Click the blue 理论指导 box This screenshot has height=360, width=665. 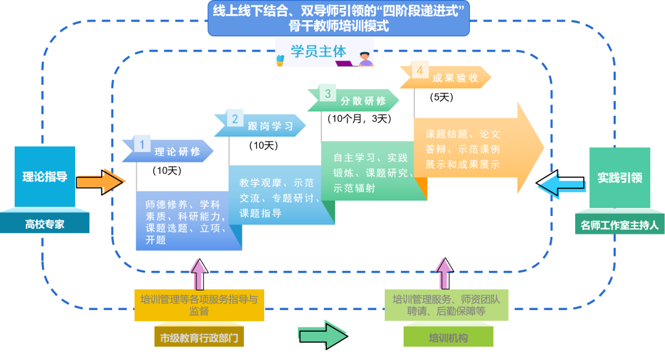point(45,177)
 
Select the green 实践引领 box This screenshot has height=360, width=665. point(619,177)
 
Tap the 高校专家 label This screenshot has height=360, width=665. point(44,225)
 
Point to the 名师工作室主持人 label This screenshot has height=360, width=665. point(619,225)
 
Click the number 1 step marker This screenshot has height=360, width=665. point(142,145)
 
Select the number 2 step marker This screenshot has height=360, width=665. point(235,119)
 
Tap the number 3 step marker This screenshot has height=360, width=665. point(328,94)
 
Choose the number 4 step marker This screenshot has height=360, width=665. point(420,71)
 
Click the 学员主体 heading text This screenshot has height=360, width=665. point(319,52)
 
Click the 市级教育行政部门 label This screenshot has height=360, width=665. point(198,338)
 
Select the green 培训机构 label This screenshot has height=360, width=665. point(448,338)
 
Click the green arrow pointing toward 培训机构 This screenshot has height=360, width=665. point(322,334)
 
